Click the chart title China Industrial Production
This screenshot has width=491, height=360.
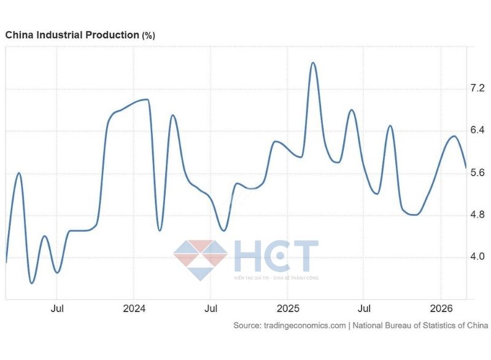click(72, 35)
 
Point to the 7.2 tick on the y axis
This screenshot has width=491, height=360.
click(477, 88)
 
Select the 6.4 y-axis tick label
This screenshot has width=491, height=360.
click(477, 130)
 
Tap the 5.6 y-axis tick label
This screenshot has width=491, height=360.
click(477, 173)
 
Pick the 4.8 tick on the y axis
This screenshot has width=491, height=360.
click(477, 214)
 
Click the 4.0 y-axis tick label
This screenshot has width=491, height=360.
click(477, 256)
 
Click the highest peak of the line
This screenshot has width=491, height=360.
click(312, 63)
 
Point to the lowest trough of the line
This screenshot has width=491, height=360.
click(32, 283)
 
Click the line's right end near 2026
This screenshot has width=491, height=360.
click(466, 167)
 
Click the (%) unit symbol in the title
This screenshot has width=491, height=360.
click(149, 36)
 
